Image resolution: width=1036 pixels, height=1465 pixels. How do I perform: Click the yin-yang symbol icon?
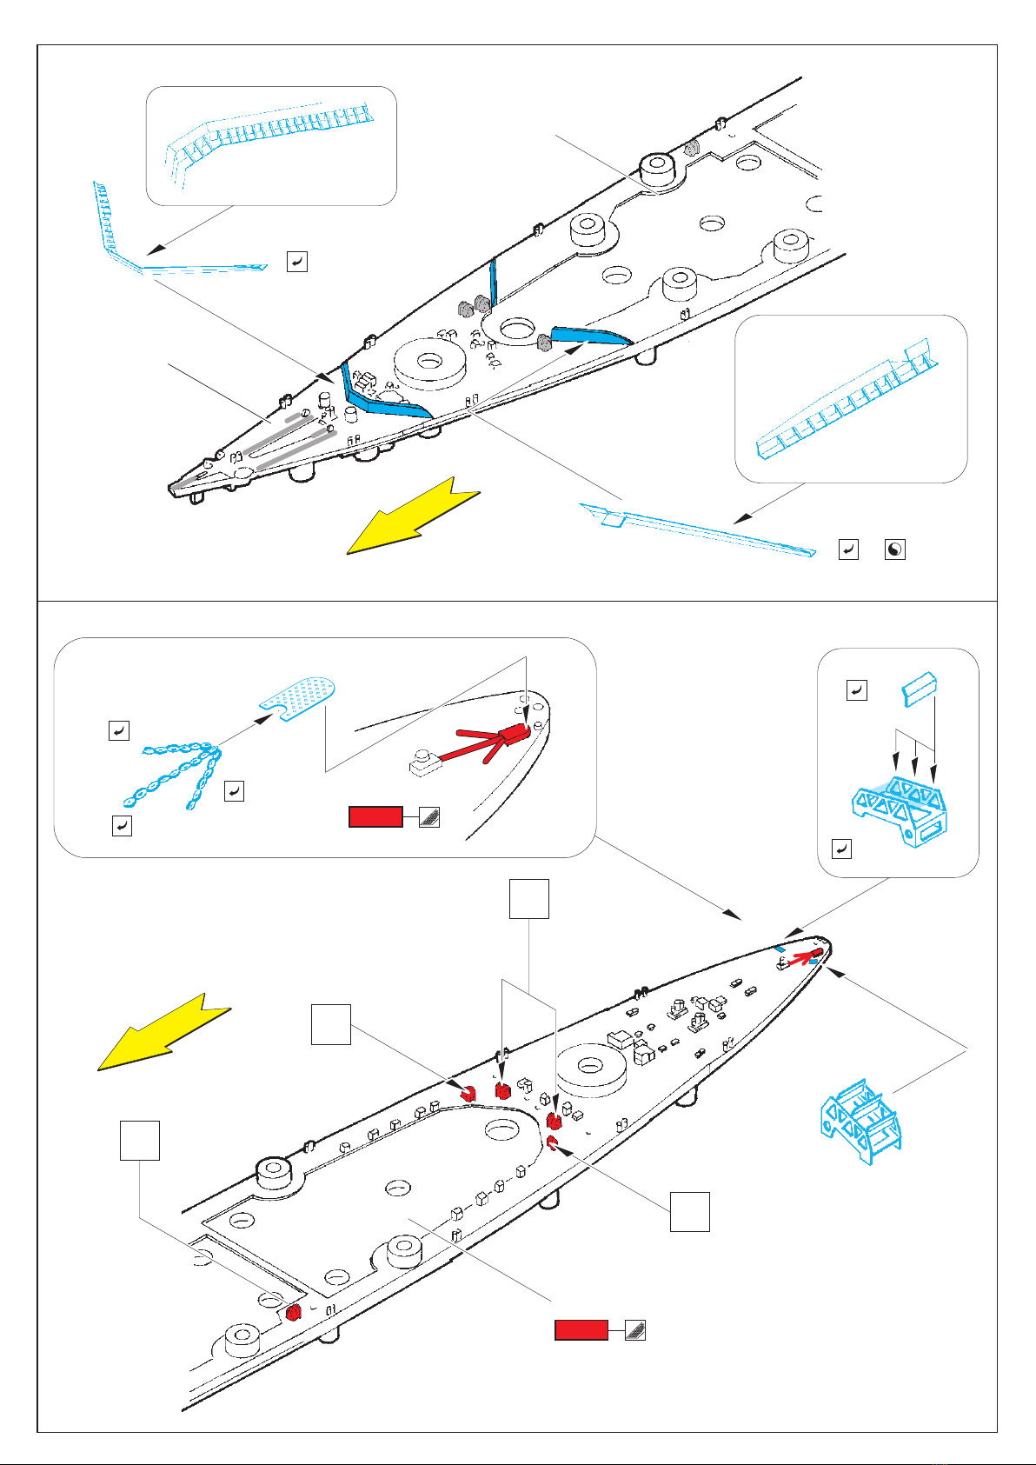click(x=894, y=549)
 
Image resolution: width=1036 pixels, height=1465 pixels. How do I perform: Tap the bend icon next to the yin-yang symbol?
click(x=848, y=549)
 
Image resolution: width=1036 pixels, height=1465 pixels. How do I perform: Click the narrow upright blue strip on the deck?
click(x=494, y=282)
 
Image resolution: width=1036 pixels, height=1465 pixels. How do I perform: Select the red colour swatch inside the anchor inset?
click(x=375, y=816)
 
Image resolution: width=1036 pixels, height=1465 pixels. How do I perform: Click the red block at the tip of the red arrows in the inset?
click(x=515, y=733)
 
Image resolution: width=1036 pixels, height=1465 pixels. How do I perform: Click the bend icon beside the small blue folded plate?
click(x=857, y=690)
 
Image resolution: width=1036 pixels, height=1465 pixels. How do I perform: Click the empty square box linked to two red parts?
click(x=528, y=899)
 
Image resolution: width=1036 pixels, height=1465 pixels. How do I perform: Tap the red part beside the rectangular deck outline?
click(x=293, y=1312)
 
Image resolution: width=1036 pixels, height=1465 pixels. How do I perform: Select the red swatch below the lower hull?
click(x=581, y=1329)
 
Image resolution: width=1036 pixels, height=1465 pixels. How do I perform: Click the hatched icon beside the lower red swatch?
click(x=635, y=1329)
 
